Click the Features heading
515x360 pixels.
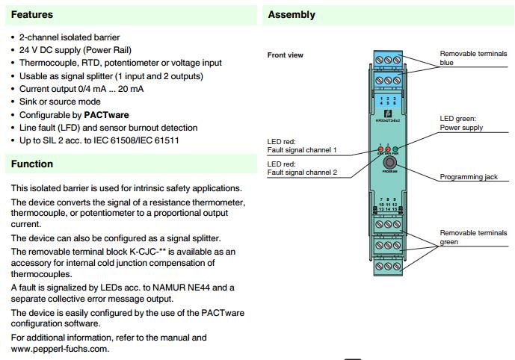click(32, 14)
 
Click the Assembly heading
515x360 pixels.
click(292, 14)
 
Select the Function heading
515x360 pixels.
click(32, 164)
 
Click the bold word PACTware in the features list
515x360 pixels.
click(106, 115)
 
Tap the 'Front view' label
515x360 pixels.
click(286, 55)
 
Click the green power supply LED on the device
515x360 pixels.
click(395, 149)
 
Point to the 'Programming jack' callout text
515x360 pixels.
click(469, 177)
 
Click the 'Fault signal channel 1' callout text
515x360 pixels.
click(301, 150)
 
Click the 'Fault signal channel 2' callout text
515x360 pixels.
click(301, 173)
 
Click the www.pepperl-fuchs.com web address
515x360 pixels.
click(59, 349)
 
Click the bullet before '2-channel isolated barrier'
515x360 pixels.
click(13, 37)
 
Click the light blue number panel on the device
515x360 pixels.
click(387, 102)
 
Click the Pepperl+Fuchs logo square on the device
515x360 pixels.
click(387, 113)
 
